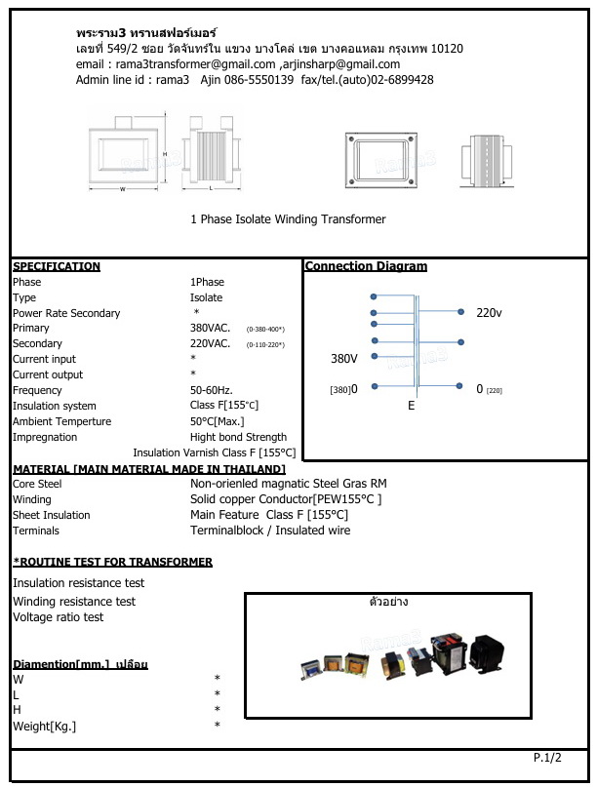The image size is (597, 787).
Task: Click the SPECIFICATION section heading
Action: point(57,266)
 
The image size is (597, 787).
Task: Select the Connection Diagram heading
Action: point(366,266)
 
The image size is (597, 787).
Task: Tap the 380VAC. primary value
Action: point(210,329)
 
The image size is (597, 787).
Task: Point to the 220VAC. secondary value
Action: point(210,344)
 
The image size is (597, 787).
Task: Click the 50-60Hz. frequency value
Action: point(211,390)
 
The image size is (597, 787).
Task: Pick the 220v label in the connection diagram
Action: point(489,313)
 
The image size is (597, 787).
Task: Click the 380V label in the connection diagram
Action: point(344,359)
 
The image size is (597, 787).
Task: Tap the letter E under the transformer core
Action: point(412,405)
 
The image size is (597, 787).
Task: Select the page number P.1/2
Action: point(547,757)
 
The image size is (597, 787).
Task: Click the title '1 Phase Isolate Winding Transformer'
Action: point(288,219)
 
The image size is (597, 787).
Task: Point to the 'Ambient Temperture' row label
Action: point(61,421)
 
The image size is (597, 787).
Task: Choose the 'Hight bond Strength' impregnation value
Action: point(238,437)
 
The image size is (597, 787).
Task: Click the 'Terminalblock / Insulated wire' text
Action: point(270,531)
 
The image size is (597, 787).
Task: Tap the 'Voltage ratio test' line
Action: point(58,617)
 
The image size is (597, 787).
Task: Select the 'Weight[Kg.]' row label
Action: point(44,726)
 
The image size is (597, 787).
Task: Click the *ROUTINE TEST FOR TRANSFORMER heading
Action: point(112,562)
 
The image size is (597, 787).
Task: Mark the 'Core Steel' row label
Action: point(37,484)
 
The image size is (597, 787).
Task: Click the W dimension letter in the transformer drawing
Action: point(122,189)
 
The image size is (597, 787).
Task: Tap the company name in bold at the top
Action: point(146,33)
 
